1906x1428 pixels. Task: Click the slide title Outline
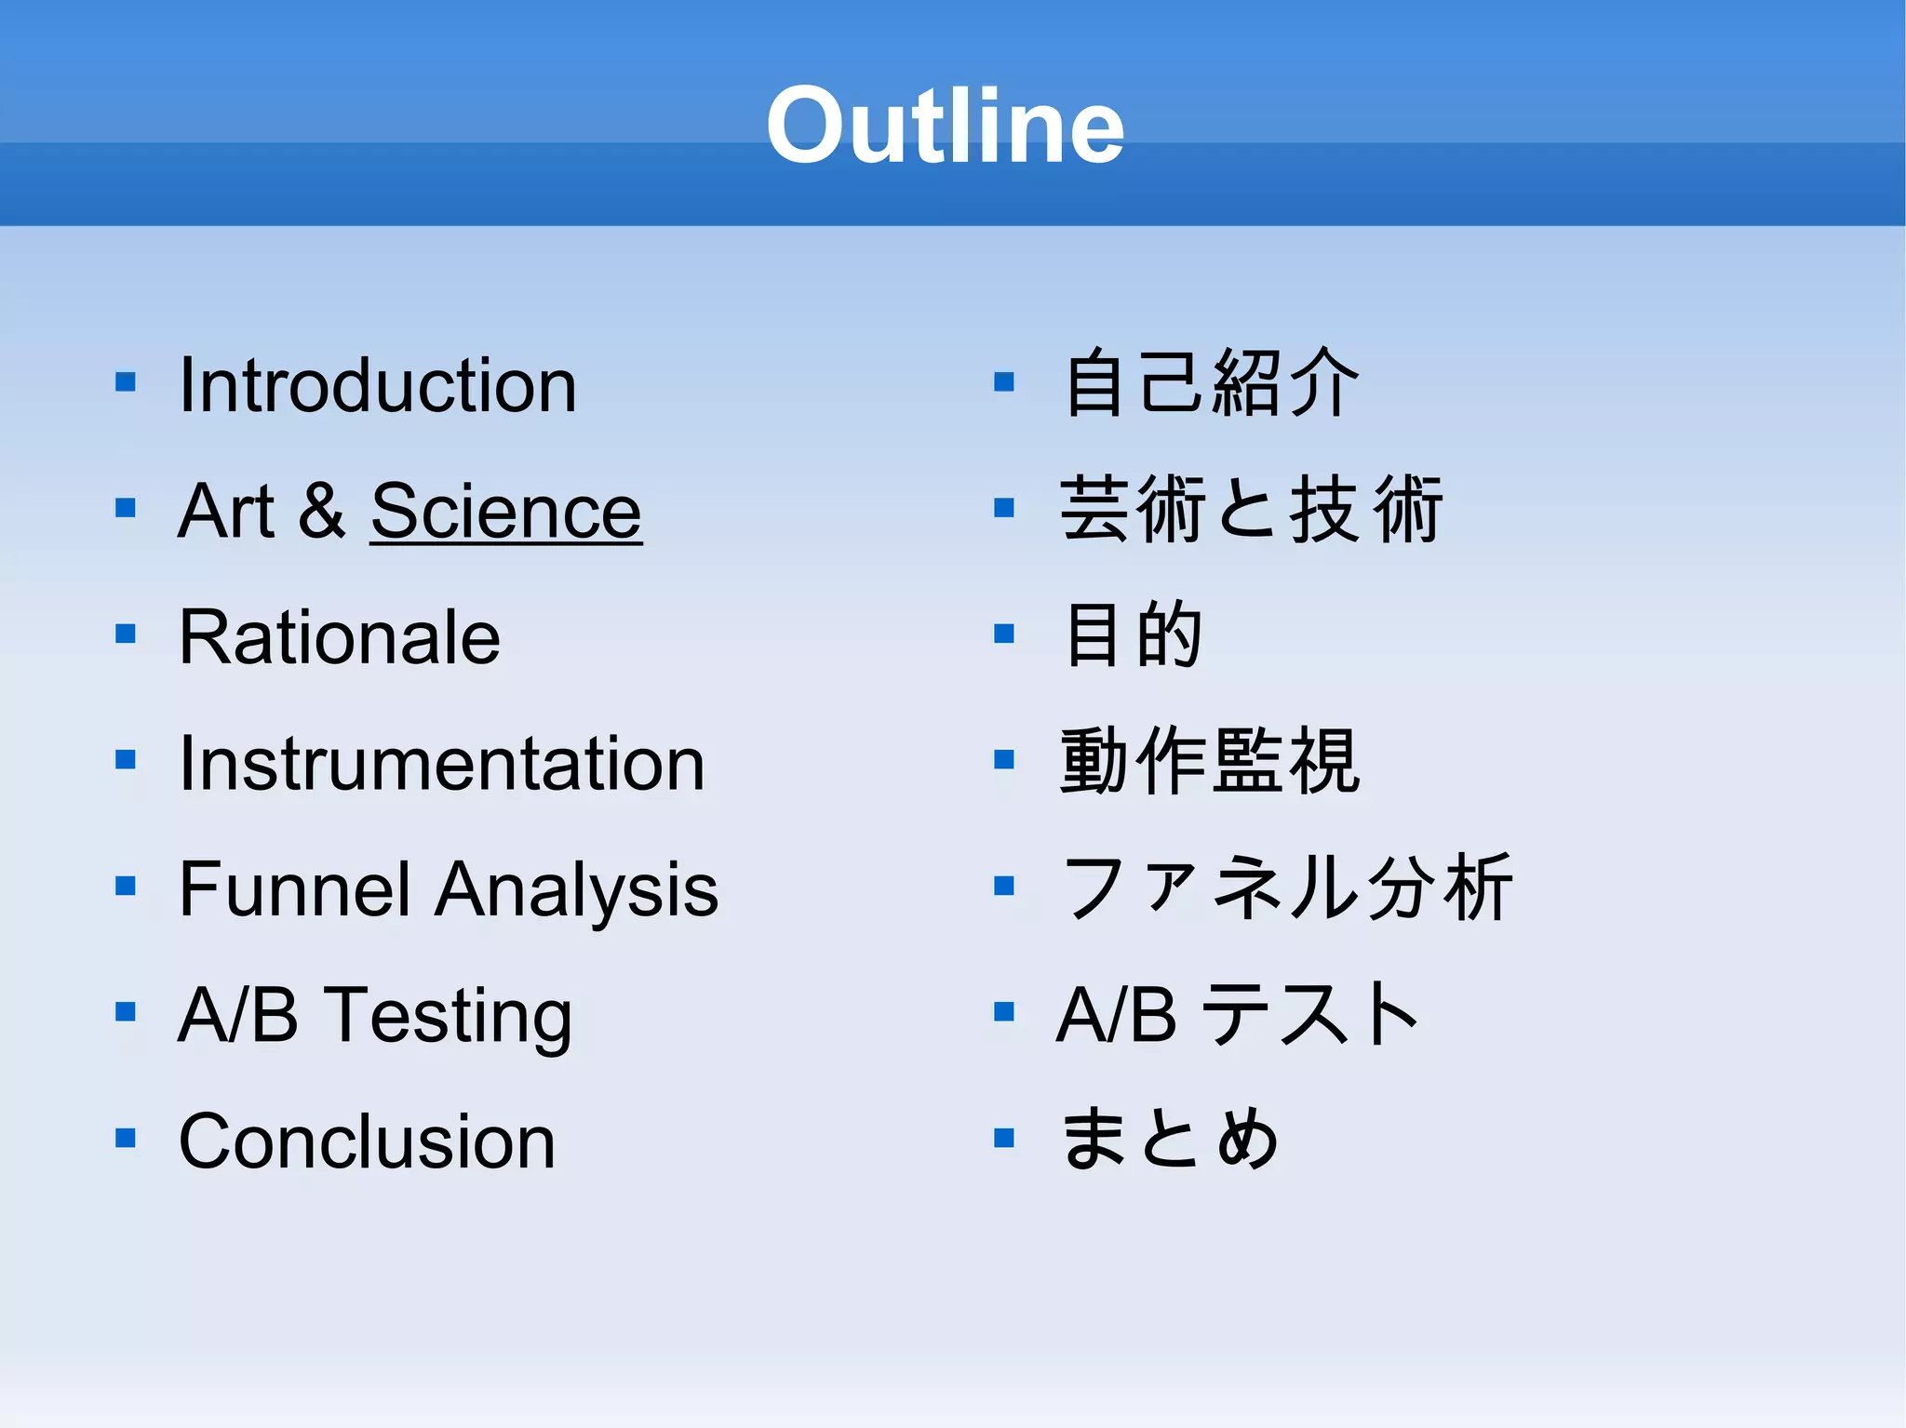pyautogui.click(x=945, y=126)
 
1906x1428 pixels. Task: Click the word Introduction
pyautogui.click(x=378, y=385)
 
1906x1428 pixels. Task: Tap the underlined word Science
pyautogui.click(x=506, y=512)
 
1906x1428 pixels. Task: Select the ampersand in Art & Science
pyautogui.click(x=322, y=512)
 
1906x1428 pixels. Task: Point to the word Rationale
pyautogui.click(x=340, y=637)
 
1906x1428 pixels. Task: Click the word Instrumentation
pyautogui.click(x=441, y=764)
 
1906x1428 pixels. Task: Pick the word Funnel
pyautogui.click(x=294, y=889)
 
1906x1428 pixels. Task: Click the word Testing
pyautogui.click(x=450, y=1016)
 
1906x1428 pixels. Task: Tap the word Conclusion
pyautogui.click(x=367, y=1141)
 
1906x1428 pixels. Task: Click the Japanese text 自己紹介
pyautogui.click(x=1210, y=382)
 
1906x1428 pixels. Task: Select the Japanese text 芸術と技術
pyautogui.click(x=1250, y=510)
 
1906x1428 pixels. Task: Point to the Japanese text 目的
pyautogui.click(x=1133, y=635)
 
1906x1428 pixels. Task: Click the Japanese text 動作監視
pyautogui.click(x=1210, y=762)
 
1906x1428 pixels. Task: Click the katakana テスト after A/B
pyautogui.click(x=1310, y=1014)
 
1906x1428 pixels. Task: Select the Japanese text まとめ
pyautogui.click(x=1170, y=1139)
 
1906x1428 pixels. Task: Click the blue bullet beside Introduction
pyautogui.click(x=126, y=382)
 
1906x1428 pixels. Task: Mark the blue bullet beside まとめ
pyautogui.click(x=1003, y=1138)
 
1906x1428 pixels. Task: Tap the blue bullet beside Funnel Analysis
pyautogui.click(x=126, y=886)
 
